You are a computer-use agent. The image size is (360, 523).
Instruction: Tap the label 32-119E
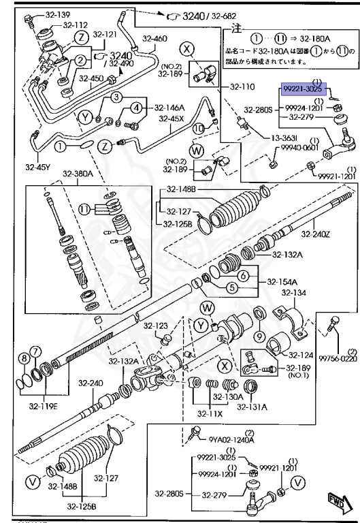[43, 407]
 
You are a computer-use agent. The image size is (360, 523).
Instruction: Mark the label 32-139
[42, 14]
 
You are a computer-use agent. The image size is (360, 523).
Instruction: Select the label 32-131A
[252, 407]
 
